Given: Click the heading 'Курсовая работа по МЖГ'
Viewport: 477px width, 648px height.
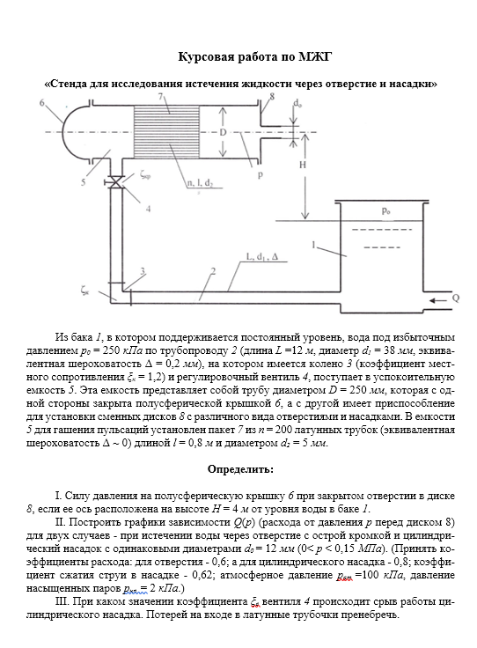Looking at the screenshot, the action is click(x=255, y=56).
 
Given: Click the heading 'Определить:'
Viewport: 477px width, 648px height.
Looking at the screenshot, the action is click(x=240, y=469).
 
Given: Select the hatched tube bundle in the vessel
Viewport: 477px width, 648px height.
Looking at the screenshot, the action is click(x=166, y=131).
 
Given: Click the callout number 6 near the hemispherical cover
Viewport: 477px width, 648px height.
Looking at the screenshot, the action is click(x=42, y=102).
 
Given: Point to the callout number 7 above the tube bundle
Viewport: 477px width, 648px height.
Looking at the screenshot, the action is click(x=160, y=97).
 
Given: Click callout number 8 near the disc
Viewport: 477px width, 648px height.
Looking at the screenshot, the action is click(x=271, y=97).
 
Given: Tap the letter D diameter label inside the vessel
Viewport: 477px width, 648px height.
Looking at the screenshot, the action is click(x=223, y=132).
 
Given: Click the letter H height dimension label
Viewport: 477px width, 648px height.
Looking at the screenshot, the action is click(x=303, y=165).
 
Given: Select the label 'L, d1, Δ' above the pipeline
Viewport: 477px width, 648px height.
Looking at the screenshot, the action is click(x=262, y=256).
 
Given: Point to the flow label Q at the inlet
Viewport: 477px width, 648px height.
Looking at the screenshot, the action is click(x=456, y=298).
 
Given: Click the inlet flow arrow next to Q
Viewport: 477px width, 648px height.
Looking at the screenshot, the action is click(x=437, y=300).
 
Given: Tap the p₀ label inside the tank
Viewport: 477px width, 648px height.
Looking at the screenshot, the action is click(x=385, y=211).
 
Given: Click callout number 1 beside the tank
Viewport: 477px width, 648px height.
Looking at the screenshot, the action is click(x=313, y=245).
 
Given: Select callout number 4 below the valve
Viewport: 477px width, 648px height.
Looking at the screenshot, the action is click(x=148, y=209).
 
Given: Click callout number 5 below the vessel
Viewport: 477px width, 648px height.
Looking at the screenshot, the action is click(x=83, y=182).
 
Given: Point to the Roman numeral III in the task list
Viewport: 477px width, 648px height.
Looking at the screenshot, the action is click(x=62, y=601).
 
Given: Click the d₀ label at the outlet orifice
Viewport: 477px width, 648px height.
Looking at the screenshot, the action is click(x=297, y=103).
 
